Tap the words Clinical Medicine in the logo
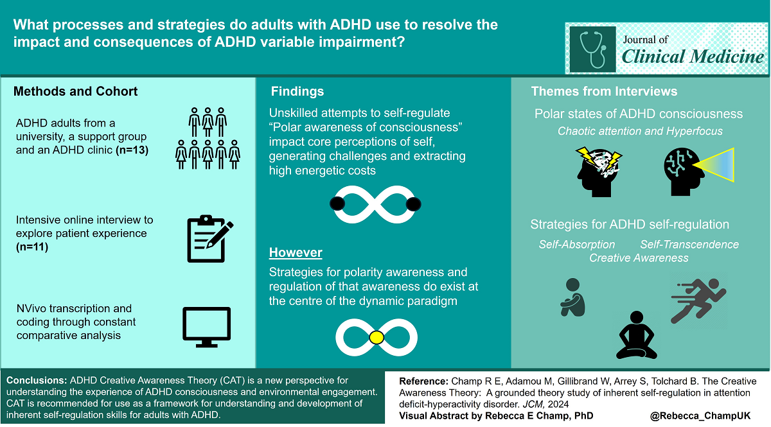pyautogui.click(x=693, y=57)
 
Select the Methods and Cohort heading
pyautogui.click(x=76, y=91)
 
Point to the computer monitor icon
pyautogui.click(x=207, y=326)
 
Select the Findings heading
pyautogui.click(x=297, y=91)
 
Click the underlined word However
pyautogui.click(x=296, y=252)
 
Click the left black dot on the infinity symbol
pyautogui.click(x=337, y=204)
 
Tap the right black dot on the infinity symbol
pyautogui.click(x=414, y=204)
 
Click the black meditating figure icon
pyautogui.click(x=636, y=334)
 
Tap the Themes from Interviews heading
pyautogui.click(x=604, y=91)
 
